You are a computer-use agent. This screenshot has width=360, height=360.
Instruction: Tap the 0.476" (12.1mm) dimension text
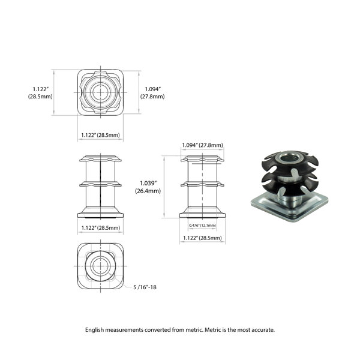pyautogui.click(x=202, y=225)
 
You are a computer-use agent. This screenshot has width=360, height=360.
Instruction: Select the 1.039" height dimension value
pyautogui.click(x=147, y=183)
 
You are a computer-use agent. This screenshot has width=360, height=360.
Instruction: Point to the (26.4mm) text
pyautogui.click(x=147, y=191)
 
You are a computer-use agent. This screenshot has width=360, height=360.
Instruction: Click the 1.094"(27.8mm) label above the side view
pyautogui.click(x=202, y=145)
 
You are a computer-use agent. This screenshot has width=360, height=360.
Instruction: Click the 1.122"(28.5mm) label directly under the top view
pyautogui.click(x=101, y=135)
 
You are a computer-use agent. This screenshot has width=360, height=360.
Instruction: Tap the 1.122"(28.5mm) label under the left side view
pyautogui.click(x=101, y=228)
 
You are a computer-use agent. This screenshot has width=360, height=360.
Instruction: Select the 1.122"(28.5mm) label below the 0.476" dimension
pyautogui.click(x=202, y=238)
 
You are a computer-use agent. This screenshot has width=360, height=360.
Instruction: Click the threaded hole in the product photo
pyautogui.click(x=287, y=159)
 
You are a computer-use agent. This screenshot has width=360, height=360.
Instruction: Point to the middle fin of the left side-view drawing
pyautogui.click(x=101, y=184)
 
